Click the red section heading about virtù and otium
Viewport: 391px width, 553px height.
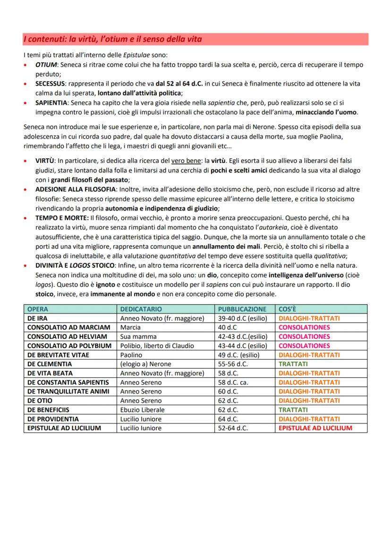pos(113,39)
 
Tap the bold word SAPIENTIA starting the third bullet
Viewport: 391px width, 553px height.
pos(51,102)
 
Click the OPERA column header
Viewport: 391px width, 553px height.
pos(38,309)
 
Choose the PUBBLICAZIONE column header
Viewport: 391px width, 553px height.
pos(241,309)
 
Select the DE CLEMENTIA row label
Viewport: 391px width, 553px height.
pos(50,364)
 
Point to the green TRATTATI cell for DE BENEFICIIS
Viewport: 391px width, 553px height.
pos(293,410)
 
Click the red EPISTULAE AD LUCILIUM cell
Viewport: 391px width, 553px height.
pos(315,428)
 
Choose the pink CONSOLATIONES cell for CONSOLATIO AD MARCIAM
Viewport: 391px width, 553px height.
pos(304,327)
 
